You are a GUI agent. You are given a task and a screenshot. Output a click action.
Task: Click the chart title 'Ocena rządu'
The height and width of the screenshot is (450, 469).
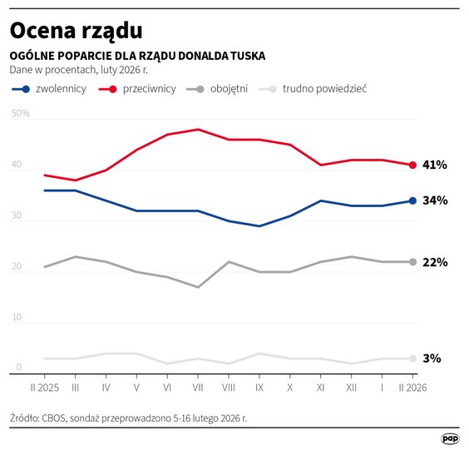[76, 31]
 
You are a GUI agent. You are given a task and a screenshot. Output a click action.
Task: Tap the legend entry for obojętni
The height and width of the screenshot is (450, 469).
[219, 88]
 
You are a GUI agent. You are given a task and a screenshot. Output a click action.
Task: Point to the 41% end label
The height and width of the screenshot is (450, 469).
[435, 165]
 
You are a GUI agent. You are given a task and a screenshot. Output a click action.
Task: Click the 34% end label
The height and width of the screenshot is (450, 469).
[435, 200]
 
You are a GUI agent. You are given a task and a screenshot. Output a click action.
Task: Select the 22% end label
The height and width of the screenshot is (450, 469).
[435, 262]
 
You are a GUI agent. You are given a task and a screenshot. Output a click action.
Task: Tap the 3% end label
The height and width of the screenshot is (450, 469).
[432, 359]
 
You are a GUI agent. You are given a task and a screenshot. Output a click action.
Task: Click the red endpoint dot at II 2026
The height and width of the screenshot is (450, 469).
[413, 165]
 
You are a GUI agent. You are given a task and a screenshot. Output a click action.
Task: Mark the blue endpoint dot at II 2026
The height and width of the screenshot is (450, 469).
[413, 200]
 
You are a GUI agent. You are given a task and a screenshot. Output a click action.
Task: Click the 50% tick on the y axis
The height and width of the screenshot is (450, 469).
[21, 113]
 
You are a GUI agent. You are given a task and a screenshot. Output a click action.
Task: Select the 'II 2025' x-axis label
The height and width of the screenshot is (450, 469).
[43, 387]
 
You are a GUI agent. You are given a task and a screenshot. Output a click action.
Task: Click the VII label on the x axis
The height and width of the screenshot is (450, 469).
[197, 387]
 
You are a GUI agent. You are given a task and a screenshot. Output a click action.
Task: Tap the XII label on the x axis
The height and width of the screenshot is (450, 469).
[351, 387]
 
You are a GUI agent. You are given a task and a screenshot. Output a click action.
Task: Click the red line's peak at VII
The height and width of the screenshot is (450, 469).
[198, 129]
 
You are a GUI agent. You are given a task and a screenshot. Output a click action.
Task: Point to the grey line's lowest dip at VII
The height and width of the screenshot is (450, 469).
[198, 287]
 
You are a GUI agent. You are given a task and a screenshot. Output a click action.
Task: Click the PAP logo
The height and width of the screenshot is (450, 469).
[449, 438]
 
